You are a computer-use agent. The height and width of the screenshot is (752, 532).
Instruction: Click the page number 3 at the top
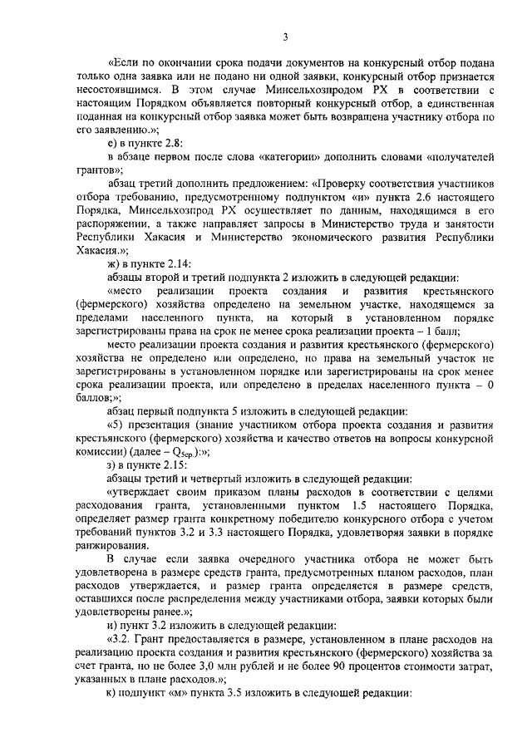pos(284,36)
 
